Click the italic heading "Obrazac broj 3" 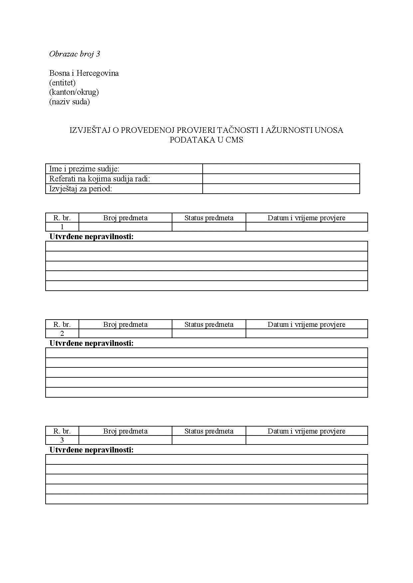(x=74, y=54)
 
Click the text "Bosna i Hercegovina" (x=84, y=73)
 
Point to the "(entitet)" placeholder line (x=62, y=82)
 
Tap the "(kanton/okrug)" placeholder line (x=74, y=92)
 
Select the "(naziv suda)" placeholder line (x=69, y=102)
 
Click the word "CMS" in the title (x=234, y=140)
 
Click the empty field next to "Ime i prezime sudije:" (x=281, y=169)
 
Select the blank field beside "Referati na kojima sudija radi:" (x=281, y=179)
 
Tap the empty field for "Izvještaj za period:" (x=281, y=189)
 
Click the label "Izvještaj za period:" (x=81, y=189)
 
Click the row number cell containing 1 (x=62, y=227)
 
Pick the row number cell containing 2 (x=62, y=334)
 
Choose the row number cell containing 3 (x=62, y=440)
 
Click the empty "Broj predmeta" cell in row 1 (x=125, y=227)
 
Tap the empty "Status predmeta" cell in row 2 (x=209, y=334)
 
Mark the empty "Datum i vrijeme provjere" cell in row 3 (x=307, y=440)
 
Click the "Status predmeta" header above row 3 (x=209, y=431)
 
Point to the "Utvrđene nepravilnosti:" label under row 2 (x=92, y=343)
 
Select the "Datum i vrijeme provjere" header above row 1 (x=307, y=218)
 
